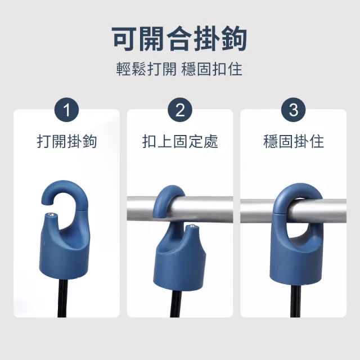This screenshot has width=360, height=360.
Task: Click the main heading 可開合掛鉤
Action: [179, 39]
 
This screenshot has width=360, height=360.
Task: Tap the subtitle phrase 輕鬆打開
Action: [146, 69]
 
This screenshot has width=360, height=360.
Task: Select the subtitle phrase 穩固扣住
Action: [211, 69]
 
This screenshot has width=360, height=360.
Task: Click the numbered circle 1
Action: [66, 110]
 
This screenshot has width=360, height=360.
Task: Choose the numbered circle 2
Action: [180, 110]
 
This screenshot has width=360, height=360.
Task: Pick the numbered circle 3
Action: [294, 110]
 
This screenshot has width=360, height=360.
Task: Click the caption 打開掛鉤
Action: [67, 141]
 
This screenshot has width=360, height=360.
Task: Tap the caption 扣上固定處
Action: [180, 141]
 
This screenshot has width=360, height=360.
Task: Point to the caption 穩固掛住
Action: [294, 141]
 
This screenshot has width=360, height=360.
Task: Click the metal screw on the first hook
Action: [52, 215]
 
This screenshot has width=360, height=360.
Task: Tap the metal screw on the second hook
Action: [191, 227]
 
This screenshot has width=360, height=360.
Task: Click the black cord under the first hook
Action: [62, 298]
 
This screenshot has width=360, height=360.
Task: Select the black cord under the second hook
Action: [176, 304]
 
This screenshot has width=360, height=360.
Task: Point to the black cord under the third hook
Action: [295, 301]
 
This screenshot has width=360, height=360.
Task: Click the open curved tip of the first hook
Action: [47, 201]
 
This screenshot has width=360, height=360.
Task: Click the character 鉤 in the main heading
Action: [234, 39]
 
